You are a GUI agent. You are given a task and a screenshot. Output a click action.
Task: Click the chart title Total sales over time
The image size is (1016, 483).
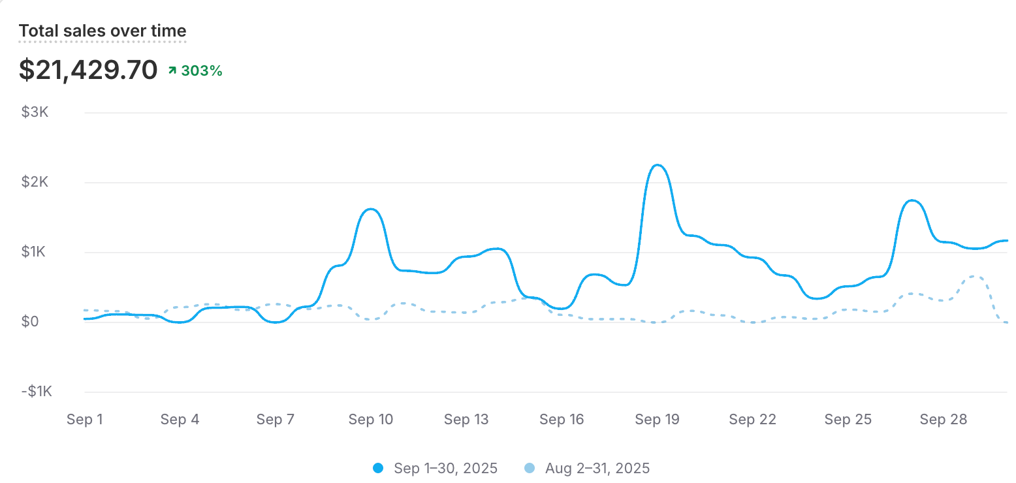click(x=103, y=31)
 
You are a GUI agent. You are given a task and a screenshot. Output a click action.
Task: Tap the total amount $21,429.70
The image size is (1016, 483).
click(x=88, y=70)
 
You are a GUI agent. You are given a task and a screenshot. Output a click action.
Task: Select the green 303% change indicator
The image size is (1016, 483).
click(x=196, y=70)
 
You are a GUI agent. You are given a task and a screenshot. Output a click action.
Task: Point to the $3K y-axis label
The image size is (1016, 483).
click(x=35, y=112)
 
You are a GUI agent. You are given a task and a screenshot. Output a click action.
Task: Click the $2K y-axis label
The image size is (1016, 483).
click(x=35, y=182)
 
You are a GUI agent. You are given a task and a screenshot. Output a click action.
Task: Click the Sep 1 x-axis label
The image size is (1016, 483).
click(x=85, y=420)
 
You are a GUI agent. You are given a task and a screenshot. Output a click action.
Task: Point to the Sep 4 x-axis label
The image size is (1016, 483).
click(x=180, y=420)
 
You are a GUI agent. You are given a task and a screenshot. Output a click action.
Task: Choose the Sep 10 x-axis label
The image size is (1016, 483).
click(x=371, y=420)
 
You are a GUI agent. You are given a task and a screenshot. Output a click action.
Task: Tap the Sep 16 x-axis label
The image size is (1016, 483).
click(x=562, y=420)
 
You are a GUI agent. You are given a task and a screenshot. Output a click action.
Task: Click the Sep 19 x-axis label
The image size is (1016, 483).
click(x=657, y=420)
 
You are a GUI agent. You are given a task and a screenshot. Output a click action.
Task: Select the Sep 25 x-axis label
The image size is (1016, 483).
click(x=848, y=420)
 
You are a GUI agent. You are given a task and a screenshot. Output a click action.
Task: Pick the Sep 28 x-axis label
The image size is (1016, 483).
click(x=943, y=420)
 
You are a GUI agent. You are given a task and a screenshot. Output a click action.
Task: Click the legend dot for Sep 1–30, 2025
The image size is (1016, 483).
click(x=378, y=468)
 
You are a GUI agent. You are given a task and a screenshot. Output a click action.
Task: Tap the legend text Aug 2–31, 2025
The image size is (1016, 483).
click(x=597, y=468)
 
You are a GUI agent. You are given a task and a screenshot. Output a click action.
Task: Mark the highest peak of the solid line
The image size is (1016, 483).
click(x=658, y=165)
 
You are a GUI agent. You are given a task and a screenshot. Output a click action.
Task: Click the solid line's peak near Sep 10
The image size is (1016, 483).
click(x=371, y=209)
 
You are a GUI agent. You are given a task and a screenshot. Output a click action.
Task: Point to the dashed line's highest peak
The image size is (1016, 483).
click(x=975, y=276)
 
